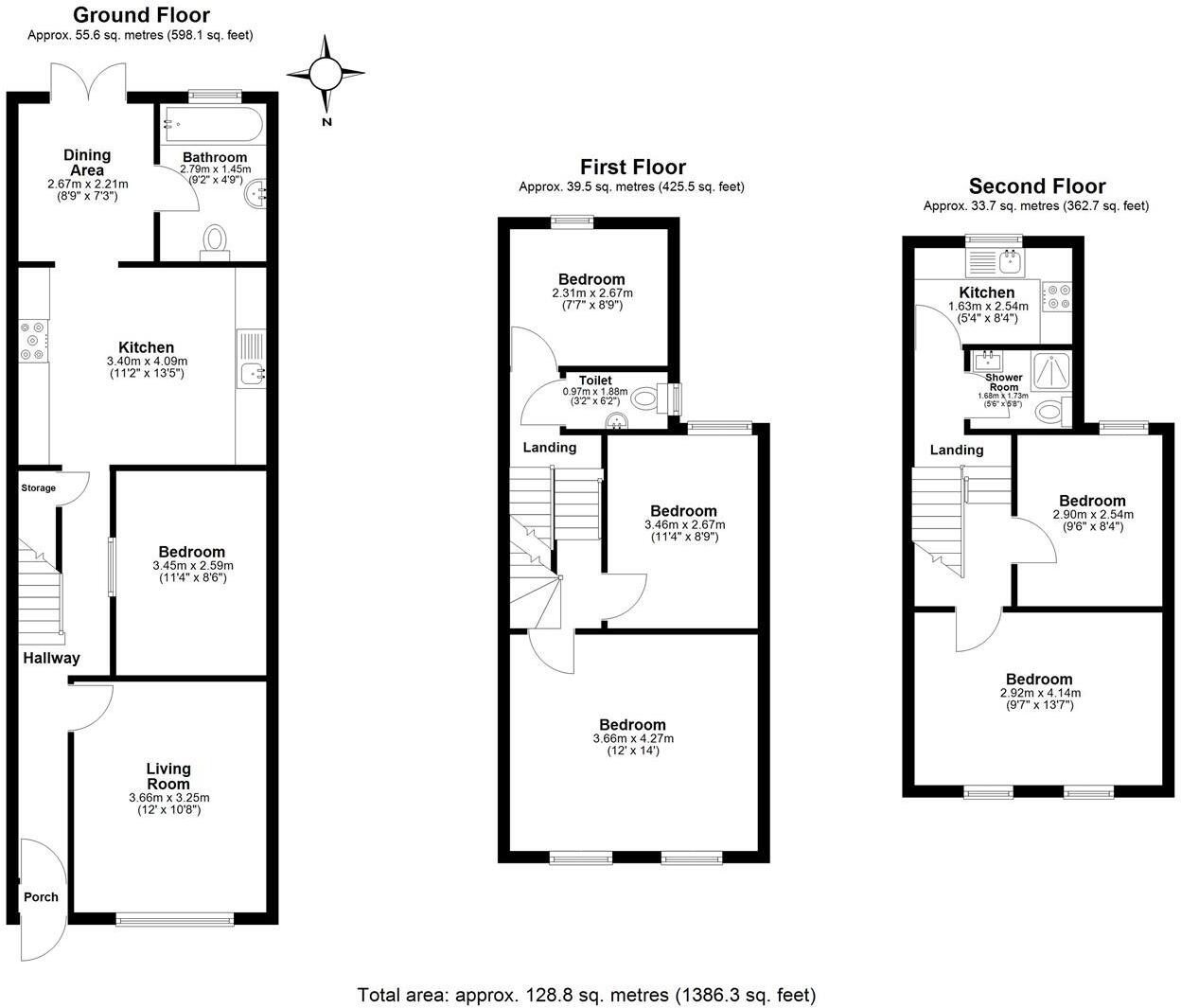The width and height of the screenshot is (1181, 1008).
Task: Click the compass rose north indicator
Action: pyautogui.click(x=326, y=74)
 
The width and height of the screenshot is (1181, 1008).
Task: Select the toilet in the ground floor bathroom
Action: pyautogui.click(x=216, y=240)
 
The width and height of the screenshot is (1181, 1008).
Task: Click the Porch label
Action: pyautogui.click(x=41, y=897)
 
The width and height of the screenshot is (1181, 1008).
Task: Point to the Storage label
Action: pyautogui.click(x=39, y=488)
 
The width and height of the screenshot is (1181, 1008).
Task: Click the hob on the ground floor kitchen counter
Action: pyautogui.click(x=35, y=342)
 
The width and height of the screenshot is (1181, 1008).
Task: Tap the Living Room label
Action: pyautogui.click(x=168, y=776)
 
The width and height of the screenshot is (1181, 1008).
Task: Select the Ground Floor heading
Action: pyautogui.click(x=141, y=15)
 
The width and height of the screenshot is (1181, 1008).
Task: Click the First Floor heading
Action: pyautogui.click(x=632, y=168)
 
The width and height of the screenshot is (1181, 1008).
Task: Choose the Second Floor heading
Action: pyautogui.click(x=1036, y=186)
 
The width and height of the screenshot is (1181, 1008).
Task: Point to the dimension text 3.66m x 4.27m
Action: pyautogui.click(x=633, y=738)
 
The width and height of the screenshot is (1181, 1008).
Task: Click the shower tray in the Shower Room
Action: pyautogui.click(x=1046, y=371)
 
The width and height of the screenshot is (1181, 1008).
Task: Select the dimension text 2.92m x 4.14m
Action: pyautogui.click(x=1039, y=693)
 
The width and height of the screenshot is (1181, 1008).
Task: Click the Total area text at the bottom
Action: pyautogui.click(x=586, y=995)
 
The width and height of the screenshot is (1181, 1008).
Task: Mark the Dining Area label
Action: pyautogui.click(x=87, y=162)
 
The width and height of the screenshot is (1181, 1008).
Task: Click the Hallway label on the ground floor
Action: pyautogui.click(x=51, y=658)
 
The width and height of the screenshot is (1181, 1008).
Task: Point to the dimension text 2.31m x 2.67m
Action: pyautogui.click(x=591, y=293)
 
